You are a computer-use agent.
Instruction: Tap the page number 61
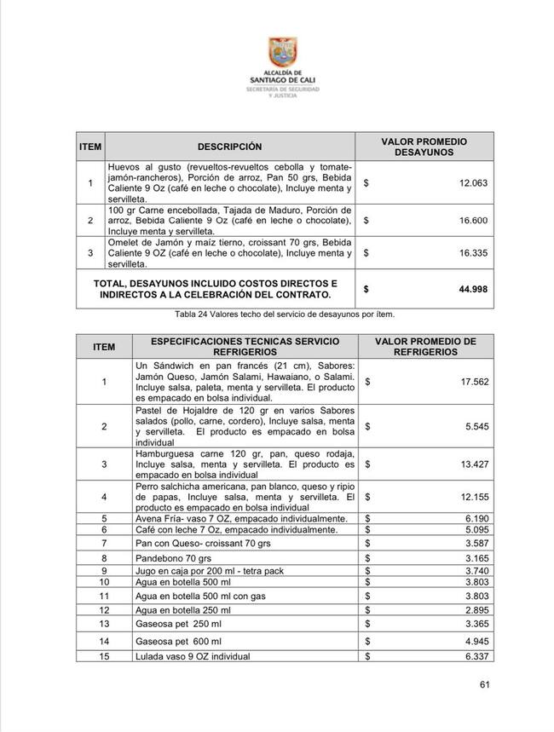tap(485, 684)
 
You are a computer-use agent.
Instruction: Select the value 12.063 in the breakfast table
tap(473, 183)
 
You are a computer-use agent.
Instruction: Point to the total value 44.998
tap(473, 290)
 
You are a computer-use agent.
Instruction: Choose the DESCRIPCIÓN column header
tap(229, 147)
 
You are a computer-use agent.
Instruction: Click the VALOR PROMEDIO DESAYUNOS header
tap(424, 147)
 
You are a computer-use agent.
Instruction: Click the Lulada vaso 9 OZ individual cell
tap(193, 657)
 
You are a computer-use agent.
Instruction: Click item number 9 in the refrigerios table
tap(104, 571)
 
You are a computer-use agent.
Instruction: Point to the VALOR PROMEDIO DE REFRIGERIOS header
tap(425, 346)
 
